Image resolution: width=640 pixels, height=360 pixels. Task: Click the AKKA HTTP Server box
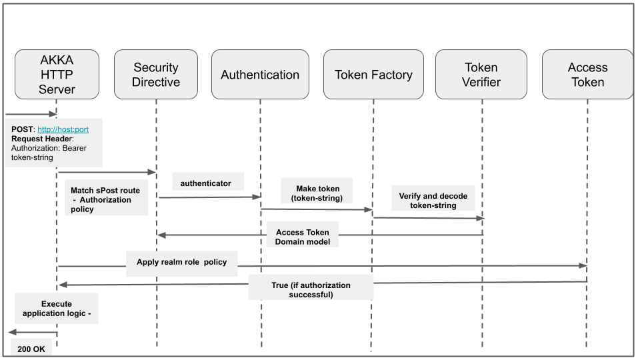(x=57, y=75)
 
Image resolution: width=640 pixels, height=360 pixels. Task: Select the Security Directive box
(x=156, y=75)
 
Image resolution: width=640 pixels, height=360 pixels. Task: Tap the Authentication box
(x=260, y=75)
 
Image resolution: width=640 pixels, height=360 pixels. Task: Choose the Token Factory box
(x=373, y=75)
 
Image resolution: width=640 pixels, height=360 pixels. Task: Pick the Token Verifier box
(x=482, y=75)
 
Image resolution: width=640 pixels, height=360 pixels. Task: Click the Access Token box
(x=587, y=75)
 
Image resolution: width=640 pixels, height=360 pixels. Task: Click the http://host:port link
(x=63, y=129)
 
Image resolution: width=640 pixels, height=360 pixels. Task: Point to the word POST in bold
(x=22, y=129)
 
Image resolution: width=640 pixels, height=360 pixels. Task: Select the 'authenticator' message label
(x=206, y=183)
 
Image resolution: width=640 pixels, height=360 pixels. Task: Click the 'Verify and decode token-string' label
(x=433, y=201)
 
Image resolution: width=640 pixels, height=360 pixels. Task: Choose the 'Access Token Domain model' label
(x=303, y=237)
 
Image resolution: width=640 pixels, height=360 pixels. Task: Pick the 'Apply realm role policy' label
(x=182, y=262)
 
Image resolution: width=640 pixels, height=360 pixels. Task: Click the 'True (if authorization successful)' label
(x=311, y=289)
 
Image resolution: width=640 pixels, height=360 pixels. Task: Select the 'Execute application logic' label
(x=57, y=308)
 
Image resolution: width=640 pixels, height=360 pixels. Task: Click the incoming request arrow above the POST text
(x=30, y=114)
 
